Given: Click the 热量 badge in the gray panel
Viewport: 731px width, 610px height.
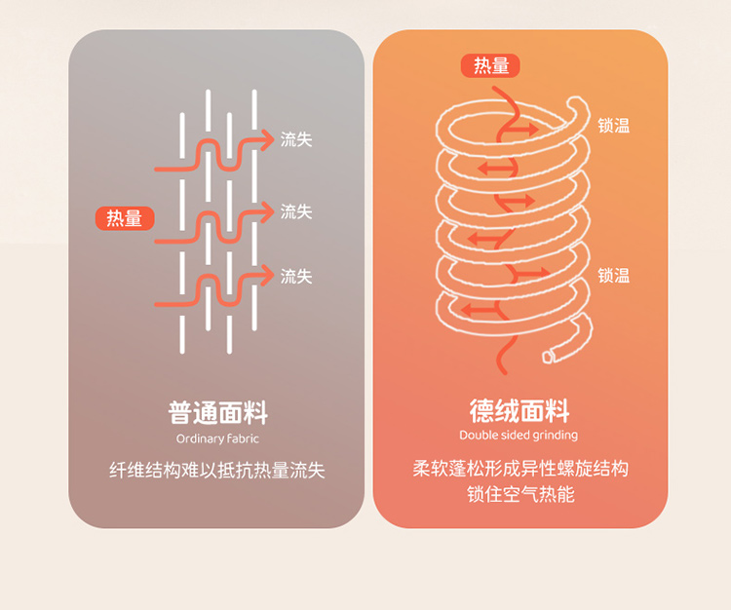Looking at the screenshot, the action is click(125, 218).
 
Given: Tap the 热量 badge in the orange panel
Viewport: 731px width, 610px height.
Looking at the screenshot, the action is click(490, 65).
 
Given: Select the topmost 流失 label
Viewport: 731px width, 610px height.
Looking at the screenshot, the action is click(296, 139).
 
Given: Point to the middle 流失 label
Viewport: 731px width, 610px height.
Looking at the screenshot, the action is click(296, 212).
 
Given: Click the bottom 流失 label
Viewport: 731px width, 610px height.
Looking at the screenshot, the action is click(296, 277).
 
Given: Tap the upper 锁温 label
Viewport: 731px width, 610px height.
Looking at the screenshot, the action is click(613, 126).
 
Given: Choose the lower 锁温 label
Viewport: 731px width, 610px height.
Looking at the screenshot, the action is click(613, 276).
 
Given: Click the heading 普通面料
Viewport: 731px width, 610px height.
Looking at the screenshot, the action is click(218, 412).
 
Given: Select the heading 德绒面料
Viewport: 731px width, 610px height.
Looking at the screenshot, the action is click(519, 410).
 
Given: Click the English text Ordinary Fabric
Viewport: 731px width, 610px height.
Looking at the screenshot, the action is click(217, 438).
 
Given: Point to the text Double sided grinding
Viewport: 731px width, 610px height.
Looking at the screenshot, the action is click(519, 436).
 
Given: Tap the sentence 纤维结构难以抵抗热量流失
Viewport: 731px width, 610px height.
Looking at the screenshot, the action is click(217, 471).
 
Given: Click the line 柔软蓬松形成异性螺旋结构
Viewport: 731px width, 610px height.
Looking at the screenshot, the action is click(520, 469).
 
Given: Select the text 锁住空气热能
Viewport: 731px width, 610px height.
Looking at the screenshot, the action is click(520, 494).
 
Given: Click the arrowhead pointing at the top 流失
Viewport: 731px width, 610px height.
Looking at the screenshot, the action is click(267, 139).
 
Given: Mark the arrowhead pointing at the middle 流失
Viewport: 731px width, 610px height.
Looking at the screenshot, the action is click(267, 212).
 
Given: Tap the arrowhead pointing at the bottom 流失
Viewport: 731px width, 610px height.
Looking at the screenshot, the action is click(267, 276).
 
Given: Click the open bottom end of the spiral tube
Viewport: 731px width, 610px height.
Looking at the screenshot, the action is click(548, 357).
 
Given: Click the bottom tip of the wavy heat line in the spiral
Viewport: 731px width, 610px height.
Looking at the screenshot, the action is click(504, 372).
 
